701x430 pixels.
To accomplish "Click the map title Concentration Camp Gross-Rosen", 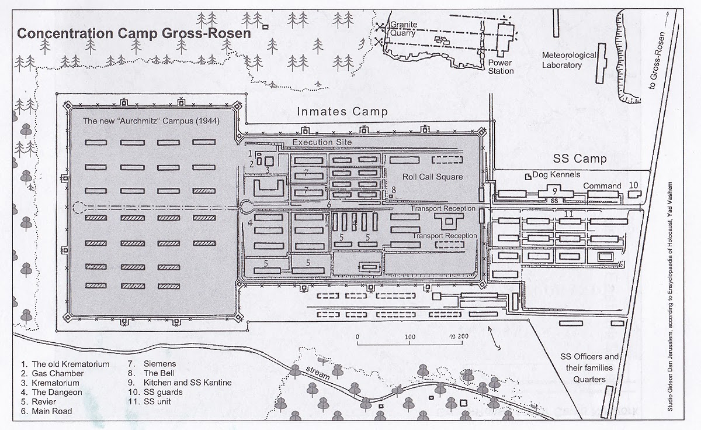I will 134,33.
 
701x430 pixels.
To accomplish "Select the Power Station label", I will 501,66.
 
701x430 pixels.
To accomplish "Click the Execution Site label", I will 322,142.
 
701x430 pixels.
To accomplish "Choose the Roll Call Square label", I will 432,177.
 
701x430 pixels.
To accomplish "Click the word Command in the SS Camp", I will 602,186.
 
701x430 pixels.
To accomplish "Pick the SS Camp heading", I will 580,159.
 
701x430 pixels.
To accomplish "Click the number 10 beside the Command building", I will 634,185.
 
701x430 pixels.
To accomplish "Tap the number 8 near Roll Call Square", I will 394,189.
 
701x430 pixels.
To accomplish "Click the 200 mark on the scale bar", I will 463,337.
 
